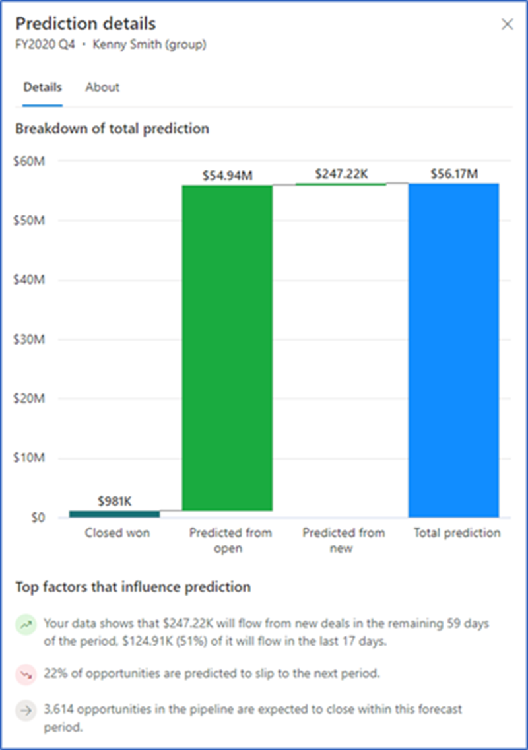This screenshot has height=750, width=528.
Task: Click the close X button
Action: (507, 24)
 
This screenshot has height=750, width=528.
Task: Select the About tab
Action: (102, 87)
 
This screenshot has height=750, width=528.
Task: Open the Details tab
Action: (43, 87)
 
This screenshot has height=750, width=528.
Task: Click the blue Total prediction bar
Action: (453, 350)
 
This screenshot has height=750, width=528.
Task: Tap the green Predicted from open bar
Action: (227, 350)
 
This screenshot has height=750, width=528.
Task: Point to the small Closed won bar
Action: (114, 514)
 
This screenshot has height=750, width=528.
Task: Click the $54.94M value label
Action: (227, 176)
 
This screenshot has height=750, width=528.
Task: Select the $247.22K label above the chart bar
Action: (341, 174)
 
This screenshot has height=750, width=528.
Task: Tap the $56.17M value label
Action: (453, 174)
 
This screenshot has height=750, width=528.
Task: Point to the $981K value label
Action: (114, 501)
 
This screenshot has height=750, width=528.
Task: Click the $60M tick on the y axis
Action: (28, 161)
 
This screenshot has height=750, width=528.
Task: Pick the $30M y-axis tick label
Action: (28, 339)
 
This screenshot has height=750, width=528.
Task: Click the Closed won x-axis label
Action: (117, 533)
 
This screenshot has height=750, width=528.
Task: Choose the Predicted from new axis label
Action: (343, 540)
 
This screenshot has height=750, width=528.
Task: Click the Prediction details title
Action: (85, 24)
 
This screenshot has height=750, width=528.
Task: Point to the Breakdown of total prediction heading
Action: (112, 129)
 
